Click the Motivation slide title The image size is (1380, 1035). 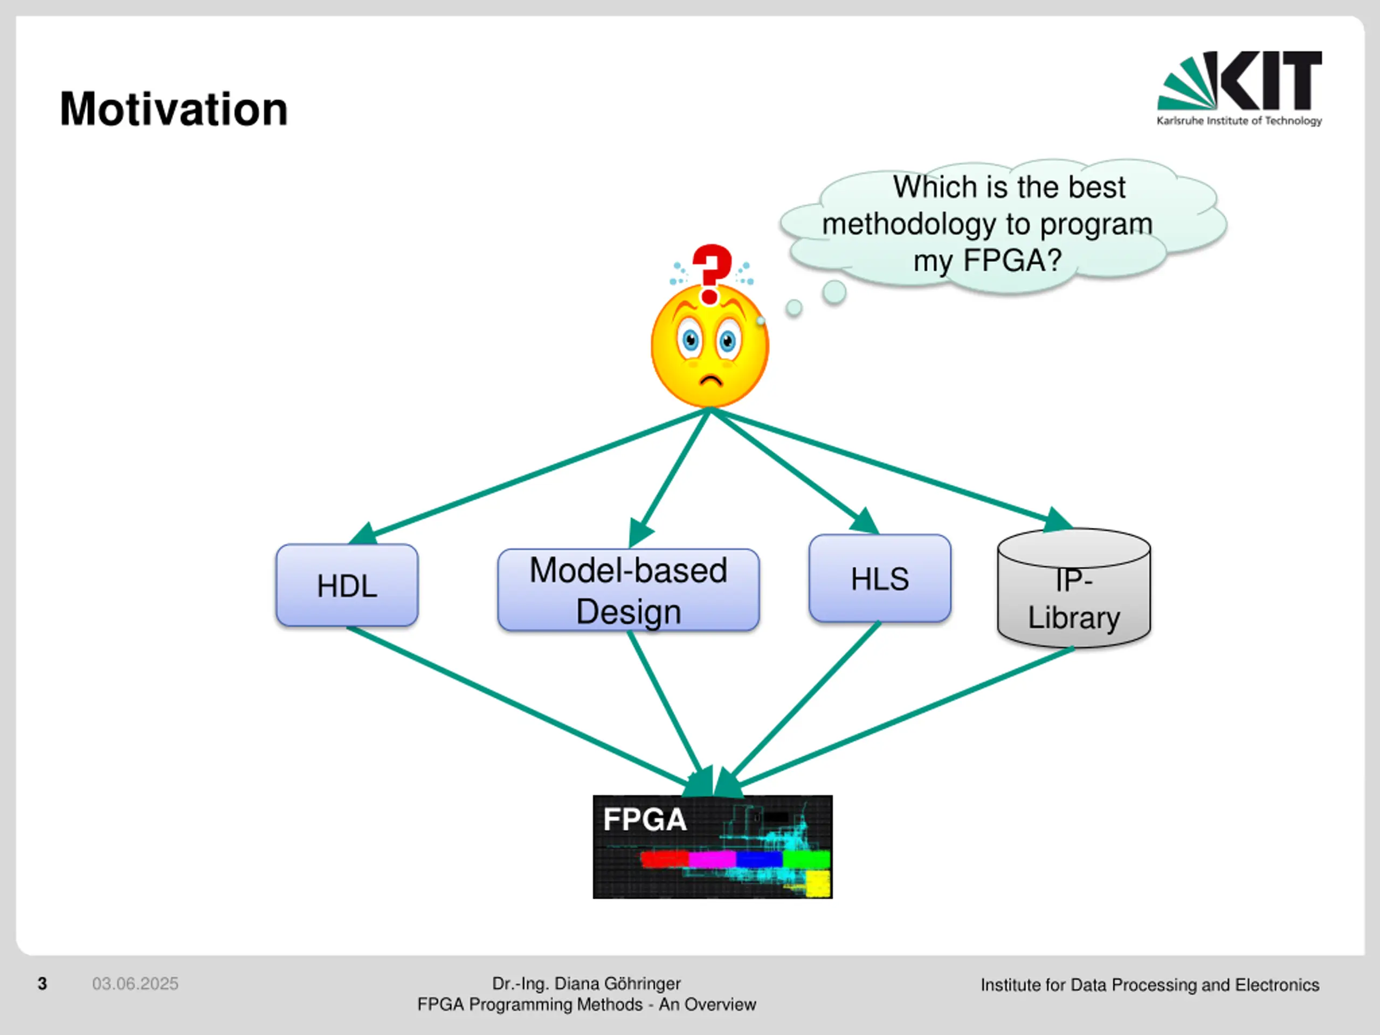coord(174,109)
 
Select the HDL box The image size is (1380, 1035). coord(347,585)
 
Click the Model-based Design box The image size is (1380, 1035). coord(628,590)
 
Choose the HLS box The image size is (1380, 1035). coord(880,578)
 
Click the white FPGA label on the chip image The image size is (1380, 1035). coord(645,820)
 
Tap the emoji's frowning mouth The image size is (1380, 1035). coord(710,380)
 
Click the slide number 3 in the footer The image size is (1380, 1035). coord(43,984)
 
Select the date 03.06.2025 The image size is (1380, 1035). coord(135,984)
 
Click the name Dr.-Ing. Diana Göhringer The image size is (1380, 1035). coord(586,983)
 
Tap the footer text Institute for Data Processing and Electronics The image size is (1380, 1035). coord(1150,984)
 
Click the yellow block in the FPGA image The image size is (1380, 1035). coord(818,884)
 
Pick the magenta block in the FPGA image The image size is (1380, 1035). coord(712,859)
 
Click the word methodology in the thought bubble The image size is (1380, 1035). coord(908,225)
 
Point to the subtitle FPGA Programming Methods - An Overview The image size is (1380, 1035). coord(586,1004)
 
